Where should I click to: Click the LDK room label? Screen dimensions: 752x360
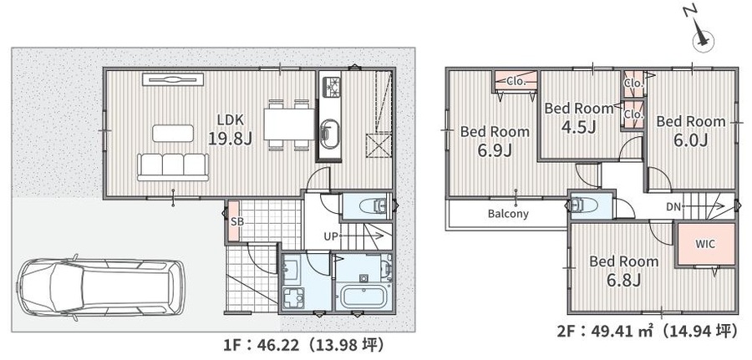[x=231, y=119]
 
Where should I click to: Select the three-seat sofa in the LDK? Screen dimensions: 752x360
[x=173, y=167]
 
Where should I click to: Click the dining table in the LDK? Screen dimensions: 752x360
[x=289, y=124]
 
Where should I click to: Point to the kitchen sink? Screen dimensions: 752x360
[x=330, y=134]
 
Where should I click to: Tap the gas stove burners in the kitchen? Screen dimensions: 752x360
[x=330, y=86]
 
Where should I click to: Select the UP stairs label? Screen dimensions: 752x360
[x=331, y=236]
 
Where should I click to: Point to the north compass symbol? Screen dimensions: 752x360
[x=703, y=38]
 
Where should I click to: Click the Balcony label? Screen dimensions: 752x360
[x=508, y=214]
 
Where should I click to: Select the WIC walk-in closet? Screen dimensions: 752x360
[x=705, y=244]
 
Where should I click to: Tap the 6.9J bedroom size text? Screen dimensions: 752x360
[x=495, y=150]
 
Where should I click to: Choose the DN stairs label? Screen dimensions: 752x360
[x=673, y=206]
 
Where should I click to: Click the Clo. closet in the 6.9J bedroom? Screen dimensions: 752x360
[x=516, y=81]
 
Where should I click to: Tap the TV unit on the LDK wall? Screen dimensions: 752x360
[x=172, y=79]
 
